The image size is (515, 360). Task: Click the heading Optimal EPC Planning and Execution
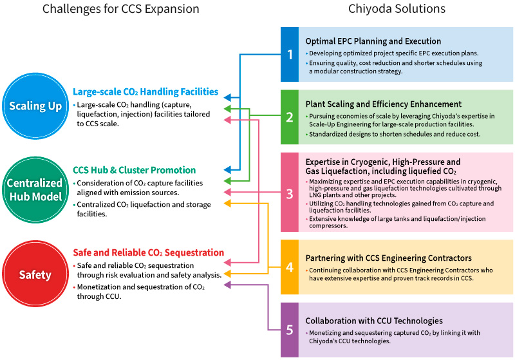tap(373, 41)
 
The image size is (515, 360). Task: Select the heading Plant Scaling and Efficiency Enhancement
tap(384, 104)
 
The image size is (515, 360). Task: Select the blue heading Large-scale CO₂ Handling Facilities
tap(145, 92)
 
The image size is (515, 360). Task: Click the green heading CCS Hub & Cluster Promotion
tap(135, 171)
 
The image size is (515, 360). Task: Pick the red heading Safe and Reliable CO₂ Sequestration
tap(149, 253)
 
